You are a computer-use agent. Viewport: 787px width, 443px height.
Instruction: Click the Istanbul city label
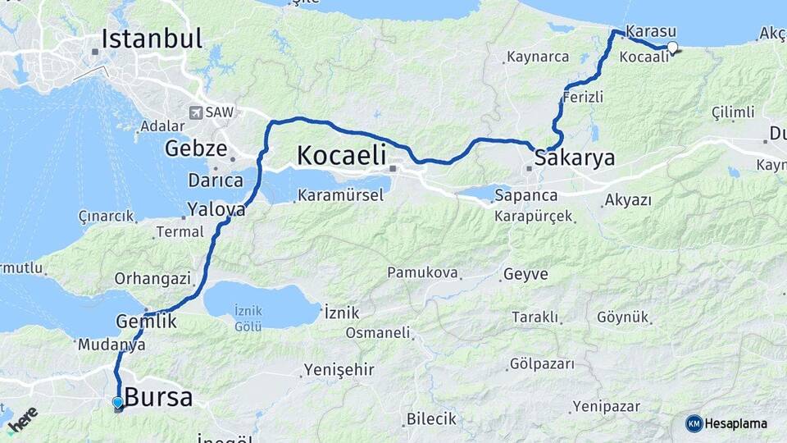(x=152, y=39)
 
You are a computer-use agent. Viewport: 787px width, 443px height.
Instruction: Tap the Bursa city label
(x=158, y=399)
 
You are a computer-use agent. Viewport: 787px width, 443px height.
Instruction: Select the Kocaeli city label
(x=340, y=155)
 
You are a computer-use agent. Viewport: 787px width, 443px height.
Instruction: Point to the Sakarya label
(x=574, y=158)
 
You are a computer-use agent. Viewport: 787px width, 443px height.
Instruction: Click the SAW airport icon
(x=196, y=112)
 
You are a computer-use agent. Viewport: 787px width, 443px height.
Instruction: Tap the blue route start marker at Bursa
(x=118, y=402)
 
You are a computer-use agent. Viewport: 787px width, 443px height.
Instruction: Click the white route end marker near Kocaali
(x=672, y=47)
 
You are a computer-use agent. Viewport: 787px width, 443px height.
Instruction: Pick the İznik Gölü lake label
(x=248, y=318)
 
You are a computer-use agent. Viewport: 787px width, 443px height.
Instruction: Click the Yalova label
(x=216, y=209)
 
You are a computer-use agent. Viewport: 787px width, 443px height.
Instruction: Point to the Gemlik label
(x=147, y=322)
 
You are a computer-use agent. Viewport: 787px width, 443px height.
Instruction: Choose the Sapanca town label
(x=526, y=196)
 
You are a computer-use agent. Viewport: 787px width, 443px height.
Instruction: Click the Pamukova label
(x=422, y=272)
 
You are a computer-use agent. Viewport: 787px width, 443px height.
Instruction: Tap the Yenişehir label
(x=339, y=370)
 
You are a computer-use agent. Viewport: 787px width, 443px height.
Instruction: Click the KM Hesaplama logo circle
(x=694, y=423)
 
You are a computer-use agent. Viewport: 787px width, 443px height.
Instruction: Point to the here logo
(x=23, y=417)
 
